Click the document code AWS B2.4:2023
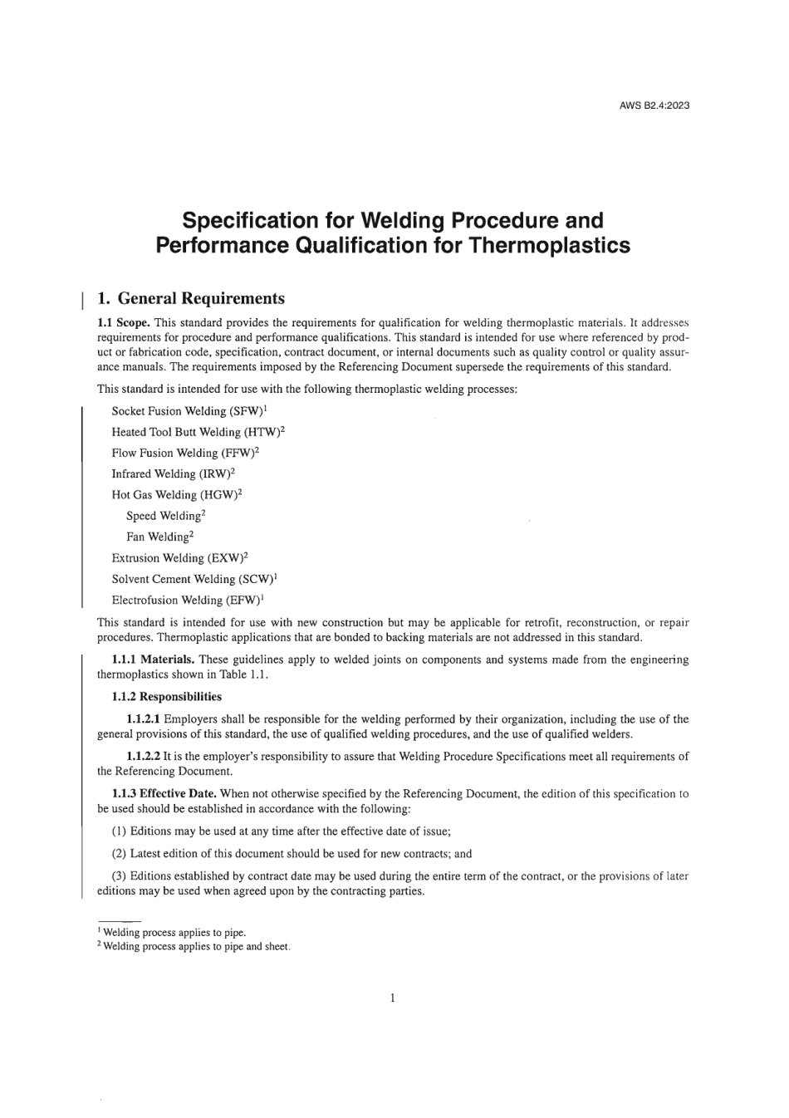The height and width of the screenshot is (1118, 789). [654, 105]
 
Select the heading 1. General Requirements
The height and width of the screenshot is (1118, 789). [191, 298]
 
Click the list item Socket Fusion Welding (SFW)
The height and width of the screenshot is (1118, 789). [188, 411]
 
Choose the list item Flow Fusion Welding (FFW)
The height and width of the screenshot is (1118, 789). [184, 454]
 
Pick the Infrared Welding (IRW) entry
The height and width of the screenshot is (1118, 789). [171, 474]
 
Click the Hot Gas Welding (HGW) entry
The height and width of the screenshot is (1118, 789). [175, 495]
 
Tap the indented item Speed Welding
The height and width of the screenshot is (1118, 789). [164, 516]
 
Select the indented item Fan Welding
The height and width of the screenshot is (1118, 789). [158, 537]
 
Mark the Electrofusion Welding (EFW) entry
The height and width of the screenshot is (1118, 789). [186, 600]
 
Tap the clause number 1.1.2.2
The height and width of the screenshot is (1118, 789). [143, 757]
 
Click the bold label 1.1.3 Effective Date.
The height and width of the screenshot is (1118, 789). [164, 794]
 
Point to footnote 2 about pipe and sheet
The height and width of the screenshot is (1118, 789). [195, 946]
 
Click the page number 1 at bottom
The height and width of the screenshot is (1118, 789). [392, 998]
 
